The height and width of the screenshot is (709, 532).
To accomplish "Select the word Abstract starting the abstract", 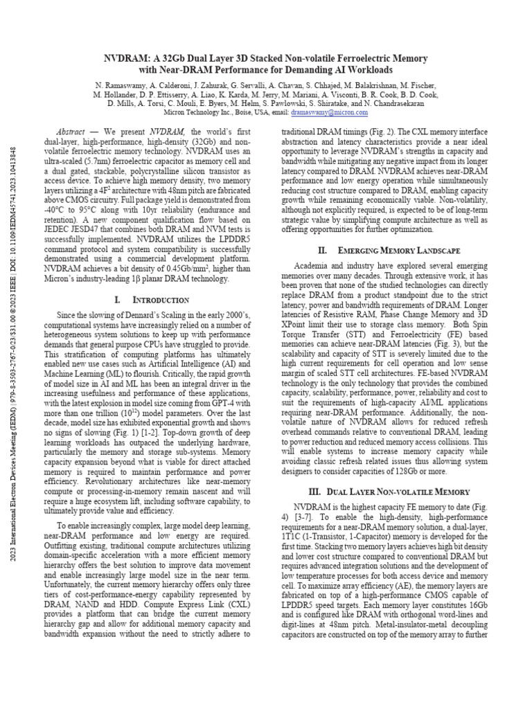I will tap(71, 131).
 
